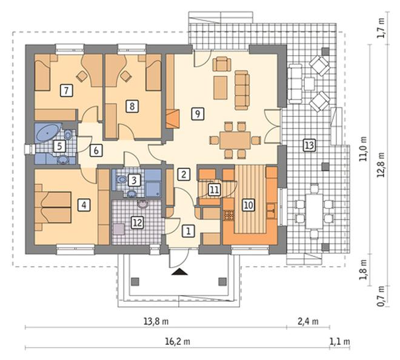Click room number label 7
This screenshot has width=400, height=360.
(x=67, y=90)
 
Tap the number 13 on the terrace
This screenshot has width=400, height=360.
(x=309, y=145)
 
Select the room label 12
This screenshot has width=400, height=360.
(x=137, y=223)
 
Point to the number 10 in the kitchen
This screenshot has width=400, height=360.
(x=248, y=205)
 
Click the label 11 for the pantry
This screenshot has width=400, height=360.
(x=215, y=190)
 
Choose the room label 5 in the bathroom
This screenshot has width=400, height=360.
(x=59, y=147)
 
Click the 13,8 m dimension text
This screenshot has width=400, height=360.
(x=156, y=321)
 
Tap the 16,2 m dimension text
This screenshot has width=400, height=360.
(x=178, y=341)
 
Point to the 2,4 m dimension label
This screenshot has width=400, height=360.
(x=308, y=321)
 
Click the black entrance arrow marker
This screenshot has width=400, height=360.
(x=180, y=272)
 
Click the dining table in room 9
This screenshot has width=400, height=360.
(x=235, y=140)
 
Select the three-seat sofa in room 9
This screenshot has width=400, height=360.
(x=242, y=90)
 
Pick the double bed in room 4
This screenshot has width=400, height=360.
(x=53, y=207)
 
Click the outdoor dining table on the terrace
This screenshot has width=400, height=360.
(x=315, y=211)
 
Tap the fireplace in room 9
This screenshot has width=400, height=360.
(x=173, y=119)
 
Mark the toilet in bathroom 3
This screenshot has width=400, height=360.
(x=121, y=179)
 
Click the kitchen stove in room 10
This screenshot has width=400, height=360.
(x=229, y=215)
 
